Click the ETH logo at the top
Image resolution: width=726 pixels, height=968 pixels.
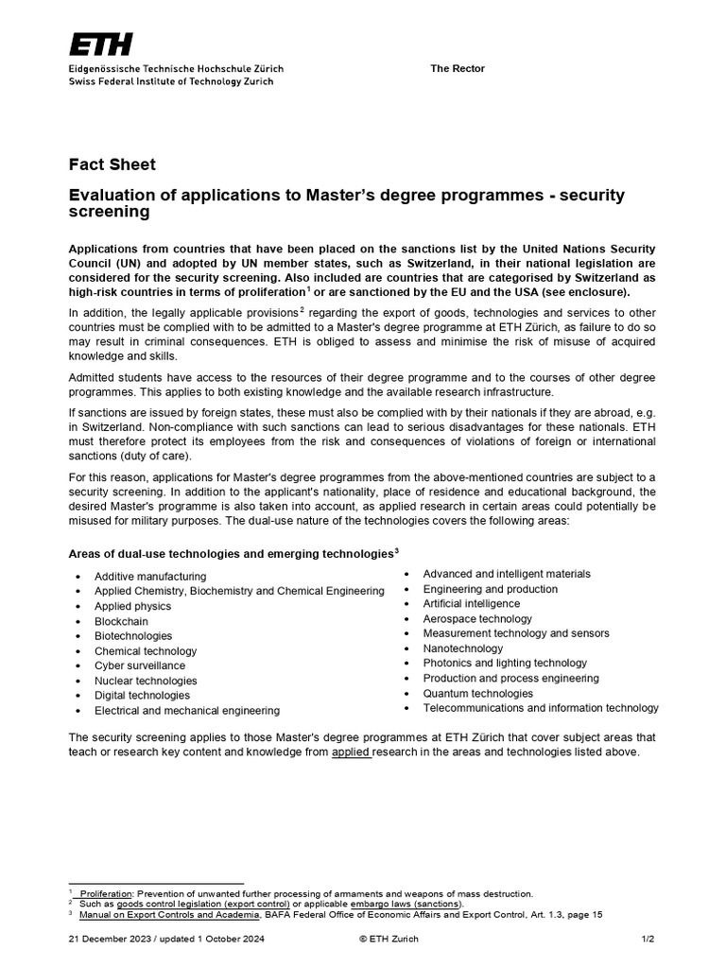[100, 44]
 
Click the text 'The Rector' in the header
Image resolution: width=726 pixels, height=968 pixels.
[458, 69]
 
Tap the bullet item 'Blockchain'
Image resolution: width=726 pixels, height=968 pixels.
[121, 621]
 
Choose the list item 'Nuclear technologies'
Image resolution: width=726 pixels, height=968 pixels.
[146, 681]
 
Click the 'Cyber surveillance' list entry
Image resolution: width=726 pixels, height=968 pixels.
[140, 665]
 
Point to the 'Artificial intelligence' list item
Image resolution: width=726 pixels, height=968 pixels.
[471, 603]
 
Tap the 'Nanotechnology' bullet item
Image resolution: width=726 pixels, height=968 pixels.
[463, 648]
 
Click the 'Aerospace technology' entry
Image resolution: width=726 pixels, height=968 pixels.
[477, 618]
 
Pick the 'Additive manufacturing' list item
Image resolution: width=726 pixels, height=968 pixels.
[150, 577]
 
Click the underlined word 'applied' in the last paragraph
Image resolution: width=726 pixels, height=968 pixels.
[351, 752]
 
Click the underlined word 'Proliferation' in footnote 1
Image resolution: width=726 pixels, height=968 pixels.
[106, 893]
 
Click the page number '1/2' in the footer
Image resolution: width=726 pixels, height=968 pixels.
[647, 939]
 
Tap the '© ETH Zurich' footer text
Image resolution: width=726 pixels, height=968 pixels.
[389, 939]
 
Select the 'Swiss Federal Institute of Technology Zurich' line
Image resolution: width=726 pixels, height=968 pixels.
[171, 82]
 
